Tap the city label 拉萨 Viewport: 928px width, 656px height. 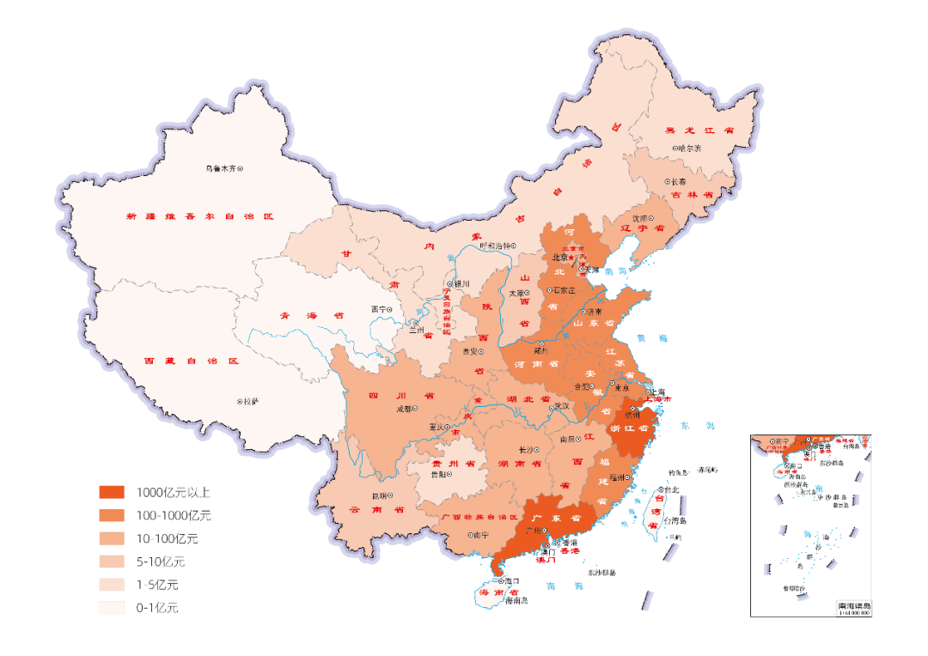pyautogui.click(x=251, y=401)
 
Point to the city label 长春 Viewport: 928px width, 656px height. pyautogui.click(x=678, y=182)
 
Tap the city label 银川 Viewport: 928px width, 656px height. pyautogui.click(x=462, y=284)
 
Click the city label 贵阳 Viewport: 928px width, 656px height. pyautogui.click(x=439, y=474)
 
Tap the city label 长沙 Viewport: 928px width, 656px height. pyautogui.click(x=527, y=449)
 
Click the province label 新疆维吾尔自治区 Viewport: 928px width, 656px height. pyautogui.click(x=198, y=216)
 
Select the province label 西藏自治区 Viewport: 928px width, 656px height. pyautogui.click(x=190, y=361)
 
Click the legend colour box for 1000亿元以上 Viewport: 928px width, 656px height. pyautogui.click(x=112, y=493)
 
